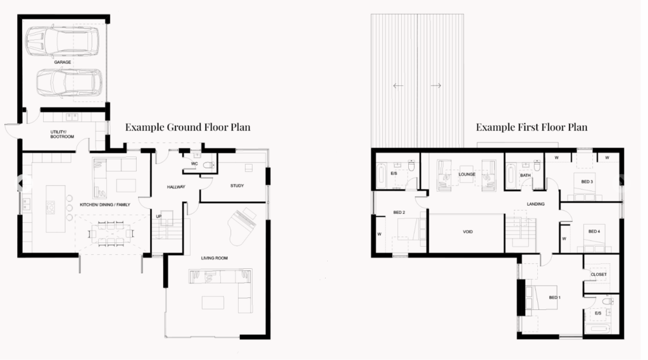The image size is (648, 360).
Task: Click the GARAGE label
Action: [x=63, y=63]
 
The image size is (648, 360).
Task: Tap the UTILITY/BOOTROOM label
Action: [x=62, y=134]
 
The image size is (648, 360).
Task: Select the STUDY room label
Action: [x=237, y=186]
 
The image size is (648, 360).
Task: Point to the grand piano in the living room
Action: [x=242, y=226]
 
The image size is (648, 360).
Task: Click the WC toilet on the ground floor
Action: [x=208, y=165]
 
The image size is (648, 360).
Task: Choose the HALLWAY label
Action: [x=176, y=187]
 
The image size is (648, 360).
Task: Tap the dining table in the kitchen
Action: [x=111, y=234]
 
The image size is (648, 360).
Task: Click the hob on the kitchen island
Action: [x=51, y=208]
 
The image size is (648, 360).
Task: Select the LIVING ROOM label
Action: [x=215, y=258]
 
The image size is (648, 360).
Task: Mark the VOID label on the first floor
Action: [x=468, y=232]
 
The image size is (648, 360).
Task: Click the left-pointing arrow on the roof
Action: [x=398, y=85]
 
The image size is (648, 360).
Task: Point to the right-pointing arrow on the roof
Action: [x=436, y=85]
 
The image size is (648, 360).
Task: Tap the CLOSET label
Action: [x=599, y=275]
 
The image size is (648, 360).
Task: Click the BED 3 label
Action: [x=587, y=182]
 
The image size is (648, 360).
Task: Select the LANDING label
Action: [x=535, y=204]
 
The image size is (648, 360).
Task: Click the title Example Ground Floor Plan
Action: [x=188, y=127]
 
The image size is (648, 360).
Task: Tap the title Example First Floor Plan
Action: [x=532, y=127]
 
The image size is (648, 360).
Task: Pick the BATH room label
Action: [x=525, y=175]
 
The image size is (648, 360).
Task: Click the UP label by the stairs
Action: [x=159, y=216]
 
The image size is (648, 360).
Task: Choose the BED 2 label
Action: [x=399, y=213]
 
